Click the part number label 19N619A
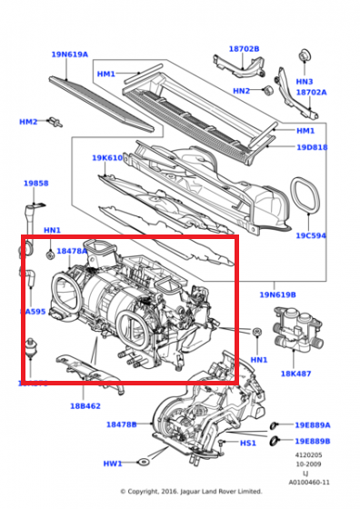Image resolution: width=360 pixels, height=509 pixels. pos(70,55)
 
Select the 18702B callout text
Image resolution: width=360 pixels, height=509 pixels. pos(244,49)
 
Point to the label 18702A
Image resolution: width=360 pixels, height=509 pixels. pos(309,92)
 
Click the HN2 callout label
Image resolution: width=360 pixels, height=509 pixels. pos(241,91)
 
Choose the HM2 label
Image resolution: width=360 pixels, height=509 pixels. pos(29,122)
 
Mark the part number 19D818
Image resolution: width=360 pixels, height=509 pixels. pos(312,147)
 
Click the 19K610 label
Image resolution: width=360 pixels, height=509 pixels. pos(106,158)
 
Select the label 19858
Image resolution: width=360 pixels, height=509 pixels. pos(35,183)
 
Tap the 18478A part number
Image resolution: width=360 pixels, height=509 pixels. pos(72,251)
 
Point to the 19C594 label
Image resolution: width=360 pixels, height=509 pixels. pos(311,235)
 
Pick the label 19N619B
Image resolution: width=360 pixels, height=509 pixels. pos(277,294)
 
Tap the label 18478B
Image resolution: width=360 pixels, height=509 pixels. pos(121,424)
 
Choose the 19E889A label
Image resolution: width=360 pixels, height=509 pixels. pos(312,424)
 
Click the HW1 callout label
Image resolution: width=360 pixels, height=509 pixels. pos(112,464)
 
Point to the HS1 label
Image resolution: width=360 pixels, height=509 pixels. pos(248,444)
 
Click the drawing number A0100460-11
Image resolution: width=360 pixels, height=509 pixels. pos(310,482)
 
